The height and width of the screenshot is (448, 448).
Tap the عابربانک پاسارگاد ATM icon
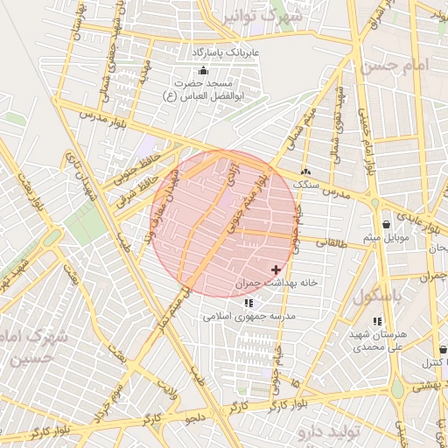point(203,70)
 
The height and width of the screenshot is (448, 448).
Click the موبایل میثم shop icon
point(386,224)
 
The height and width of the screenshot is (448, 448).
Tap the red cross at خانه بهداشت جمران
point(277,269)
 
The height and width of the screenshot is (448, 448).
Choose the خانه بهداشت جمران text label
point(267,285)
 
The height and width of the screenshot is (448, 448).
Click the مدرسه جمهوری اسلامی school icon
point(248,303)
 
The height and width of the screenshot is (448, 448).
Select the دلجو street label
point(194,419)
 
